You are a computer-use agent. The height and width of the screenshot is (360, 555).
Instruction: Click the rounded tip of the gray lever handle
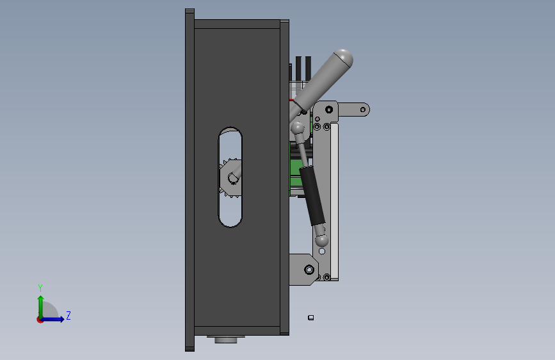tap(343, 58)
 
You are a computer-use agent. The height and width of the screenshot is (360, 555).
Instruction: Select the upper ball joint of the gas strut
tap(298, 128)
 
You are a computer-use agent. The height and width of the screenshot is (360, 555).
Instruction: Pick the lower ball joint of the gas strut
tap(321, 241)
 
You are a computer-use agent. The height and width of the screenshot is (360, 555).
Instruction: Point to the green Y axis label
tap(40, 288)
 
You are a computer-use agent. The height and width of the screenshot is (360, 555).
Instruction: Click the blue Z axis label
tap(68, 316)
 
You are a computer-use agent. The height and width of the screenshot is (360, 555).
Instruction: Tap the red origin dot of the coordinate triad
tap(40, 320)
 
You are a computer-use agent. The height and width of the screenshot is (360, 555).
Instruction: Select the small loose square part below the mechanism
tap(310, 318)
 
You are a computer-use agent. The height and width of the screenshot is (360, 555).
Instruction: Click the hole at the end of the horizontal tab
tap(363, 110)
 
